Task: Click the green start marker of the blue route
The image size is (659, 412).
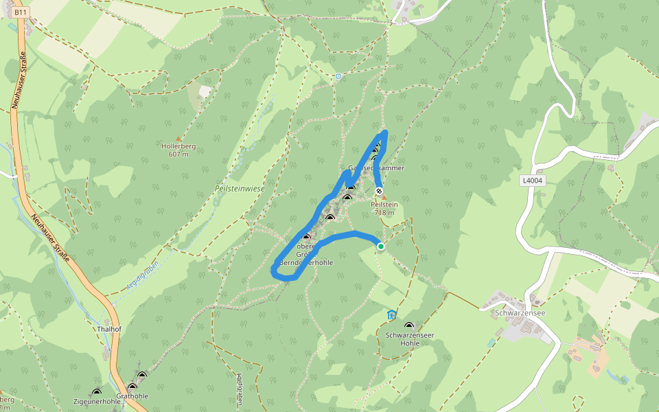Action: click(380, 246)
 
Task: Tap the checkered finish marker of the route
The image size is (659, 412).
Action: click(379, 191)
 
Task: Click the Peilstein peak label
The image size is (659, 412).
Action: click(384, 205)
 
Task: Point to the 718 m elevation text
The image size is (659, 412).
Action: click(384, 213)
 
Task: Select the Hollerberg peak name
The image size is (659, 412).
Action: click(178, 146)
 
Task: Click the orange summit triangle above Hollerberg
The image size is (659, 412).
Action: click(179, 138)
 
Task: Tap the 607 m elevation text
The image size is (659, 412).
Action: click(178, 154)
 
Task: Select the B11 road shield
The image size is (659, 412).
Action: click(21, 12)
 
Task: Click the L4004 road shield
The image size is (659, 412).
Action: click(532, 181)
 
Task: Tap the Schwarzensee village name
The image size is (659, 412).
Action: click(520, 312)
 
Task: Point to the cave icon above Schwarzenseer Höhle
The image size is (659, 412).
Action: click(409, 326)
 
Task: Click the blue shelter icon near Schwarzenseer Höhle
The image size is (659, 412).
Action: click(391, 315)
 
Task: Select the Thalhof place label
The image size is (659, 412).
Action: click(108, 329)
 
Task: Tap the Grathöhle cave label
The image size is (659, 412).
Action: click(132, 396)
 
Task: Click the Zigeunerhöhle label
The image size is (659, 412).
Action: click(96, 401)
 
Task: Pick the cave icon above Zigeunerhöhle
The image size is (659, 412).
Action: click(96, 392)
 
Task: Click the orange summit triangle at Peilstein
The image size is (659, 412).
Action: click(384, 197)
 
